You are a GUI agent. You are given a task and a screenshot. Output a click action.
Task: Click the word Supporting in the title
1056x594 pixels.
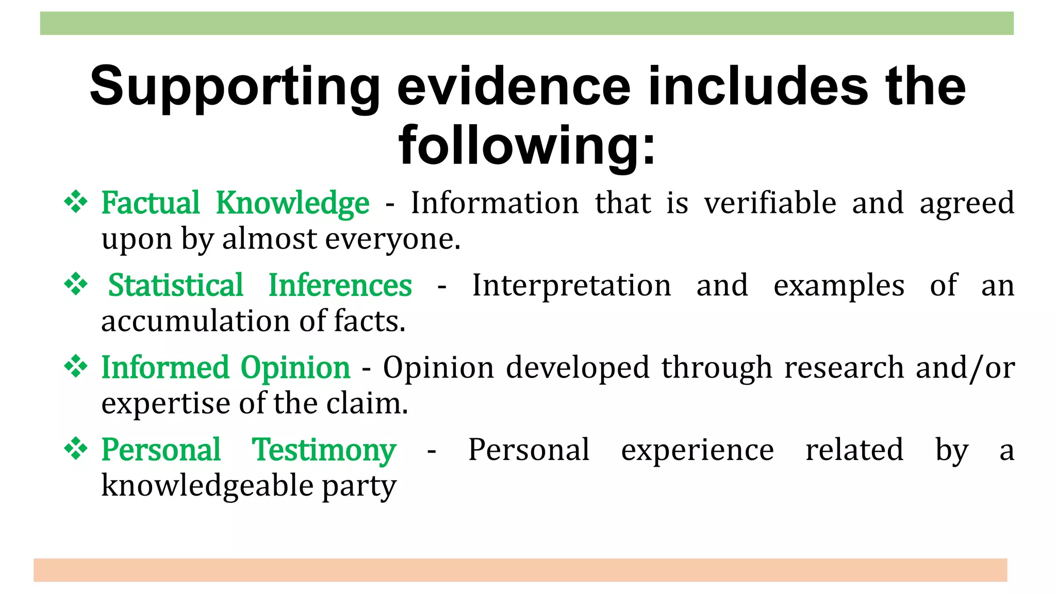click(x=235, y=87)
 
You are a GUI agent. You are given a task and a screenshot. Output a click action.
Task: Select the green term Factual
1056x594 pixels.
click(x=150, y=203)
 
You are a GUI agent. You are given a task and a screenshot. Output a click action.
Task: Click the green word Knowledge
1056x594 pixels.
click(x=292, y=204)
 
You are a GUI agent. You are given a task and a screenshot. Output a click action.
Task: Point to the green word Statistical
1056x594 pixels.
click(x=175, y=285)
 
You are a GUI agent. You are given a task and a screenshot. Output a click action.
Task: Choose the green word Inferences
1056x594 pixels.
click(x=340, y=285)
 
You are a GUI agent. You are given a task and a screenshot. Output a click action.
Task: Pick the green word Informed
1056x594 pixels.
click(x=165, y=368)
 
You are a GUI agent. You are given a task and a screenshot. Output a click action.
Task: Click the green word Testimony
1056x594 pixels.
click(x=324, y=450)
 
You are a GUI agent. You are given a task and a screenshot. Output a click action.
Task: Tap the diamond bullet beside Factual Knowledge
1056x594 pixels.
click(x=76, y=202)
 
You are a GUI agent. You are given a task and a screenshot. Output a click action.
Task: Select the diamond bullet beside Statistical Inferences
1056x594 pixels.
click(x=76, y=284)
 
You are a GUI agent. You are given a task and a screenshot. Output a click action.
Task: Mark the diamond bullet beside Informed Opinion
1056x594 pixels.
click(x=76, y=367)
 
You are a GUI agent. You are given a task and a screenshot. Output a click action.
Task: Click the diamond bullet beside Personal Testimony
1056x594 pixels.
click(x=76, y=449)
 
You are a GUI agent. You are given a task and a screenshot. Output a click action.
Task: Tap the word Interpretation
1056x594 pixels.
click(x=571, y=285)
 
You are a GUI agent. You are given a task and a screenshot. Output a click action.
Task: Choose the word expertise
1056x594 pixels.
click(x=165, y=404)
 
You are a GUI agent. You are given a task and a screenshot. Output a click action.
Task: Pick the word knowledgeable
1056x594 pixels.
click(x=207, y=486)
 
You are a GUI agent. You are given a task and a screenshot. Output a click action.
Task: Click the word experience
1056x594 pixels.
click(x=697, y=450)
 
